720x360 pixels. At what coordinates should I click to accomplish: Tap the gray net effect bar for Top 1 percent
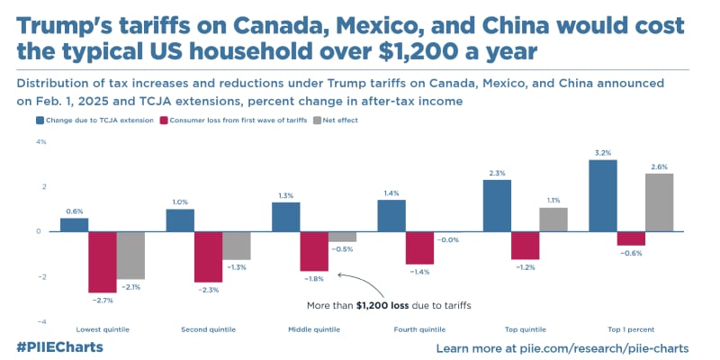[x=659, y=202]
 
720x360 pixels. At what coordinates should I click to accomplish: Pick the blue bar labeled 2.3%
[x=497, y=205]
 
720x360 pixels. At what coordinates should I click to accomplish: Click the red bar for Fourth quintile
[x=419, y=247]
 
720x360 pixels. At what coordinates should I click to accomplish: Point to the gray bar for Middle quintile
[x=342, y=237]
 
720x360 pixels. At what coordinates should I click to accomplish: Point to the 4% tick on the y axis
[x=40, y=142]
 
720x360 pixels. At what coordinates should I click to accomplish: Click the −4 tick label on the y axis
[x=40, y=321]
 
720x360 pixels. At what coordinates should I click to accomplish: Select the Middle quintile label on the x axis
[x=314, y=329]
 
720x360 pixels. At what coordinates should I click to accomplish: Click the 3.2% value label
[x=603, y=153]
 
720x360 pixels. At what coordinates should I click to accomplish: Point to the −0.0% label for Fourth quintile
[x=447, y=239]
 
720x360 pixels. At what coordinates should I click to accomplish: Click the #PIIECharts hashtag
[x=59, y=347]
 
